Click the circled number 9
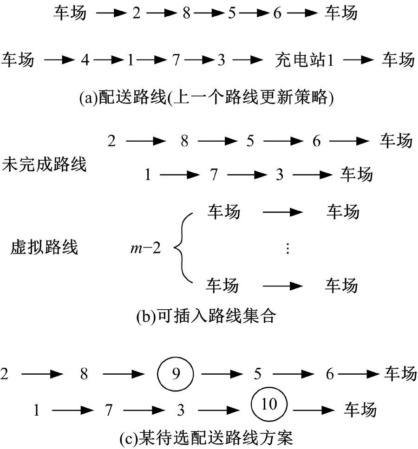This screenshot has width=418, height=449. pyautogui.click(x=175, y=374)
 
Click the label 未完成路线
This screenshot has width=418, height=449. pyautogui.click(x=45, y=164)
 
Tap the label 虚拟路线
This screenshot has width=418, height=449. pyautogui.click(x=45, y=247)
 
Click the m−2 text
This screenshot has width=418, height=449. pyautogui.click(x=145, y=248)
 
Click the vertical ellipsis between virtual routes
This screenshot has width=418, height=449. pyautogui.click(x=287, y=249)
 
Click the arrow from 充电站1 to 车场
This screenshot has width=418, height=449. pyautogui.click(x=360, y=60)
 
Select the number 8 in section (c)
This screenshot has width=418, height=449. pyautogui.click(x=84, y=374)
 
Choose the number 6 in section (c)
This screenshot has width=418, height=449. pyautogui.click(x=329, y=374)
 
